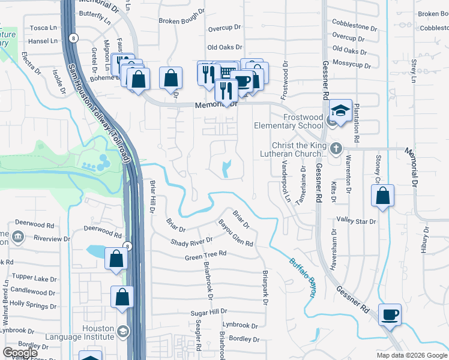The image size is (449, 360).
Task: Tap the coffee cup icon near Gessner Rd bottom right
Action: pos(390,314)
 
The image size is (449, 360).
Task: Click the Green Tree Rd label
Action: pos(205,254)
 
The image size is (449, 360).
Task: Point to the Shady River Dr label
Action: pos(191,242)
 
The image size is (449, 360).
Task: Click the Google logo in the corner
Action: pos(20,353)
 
